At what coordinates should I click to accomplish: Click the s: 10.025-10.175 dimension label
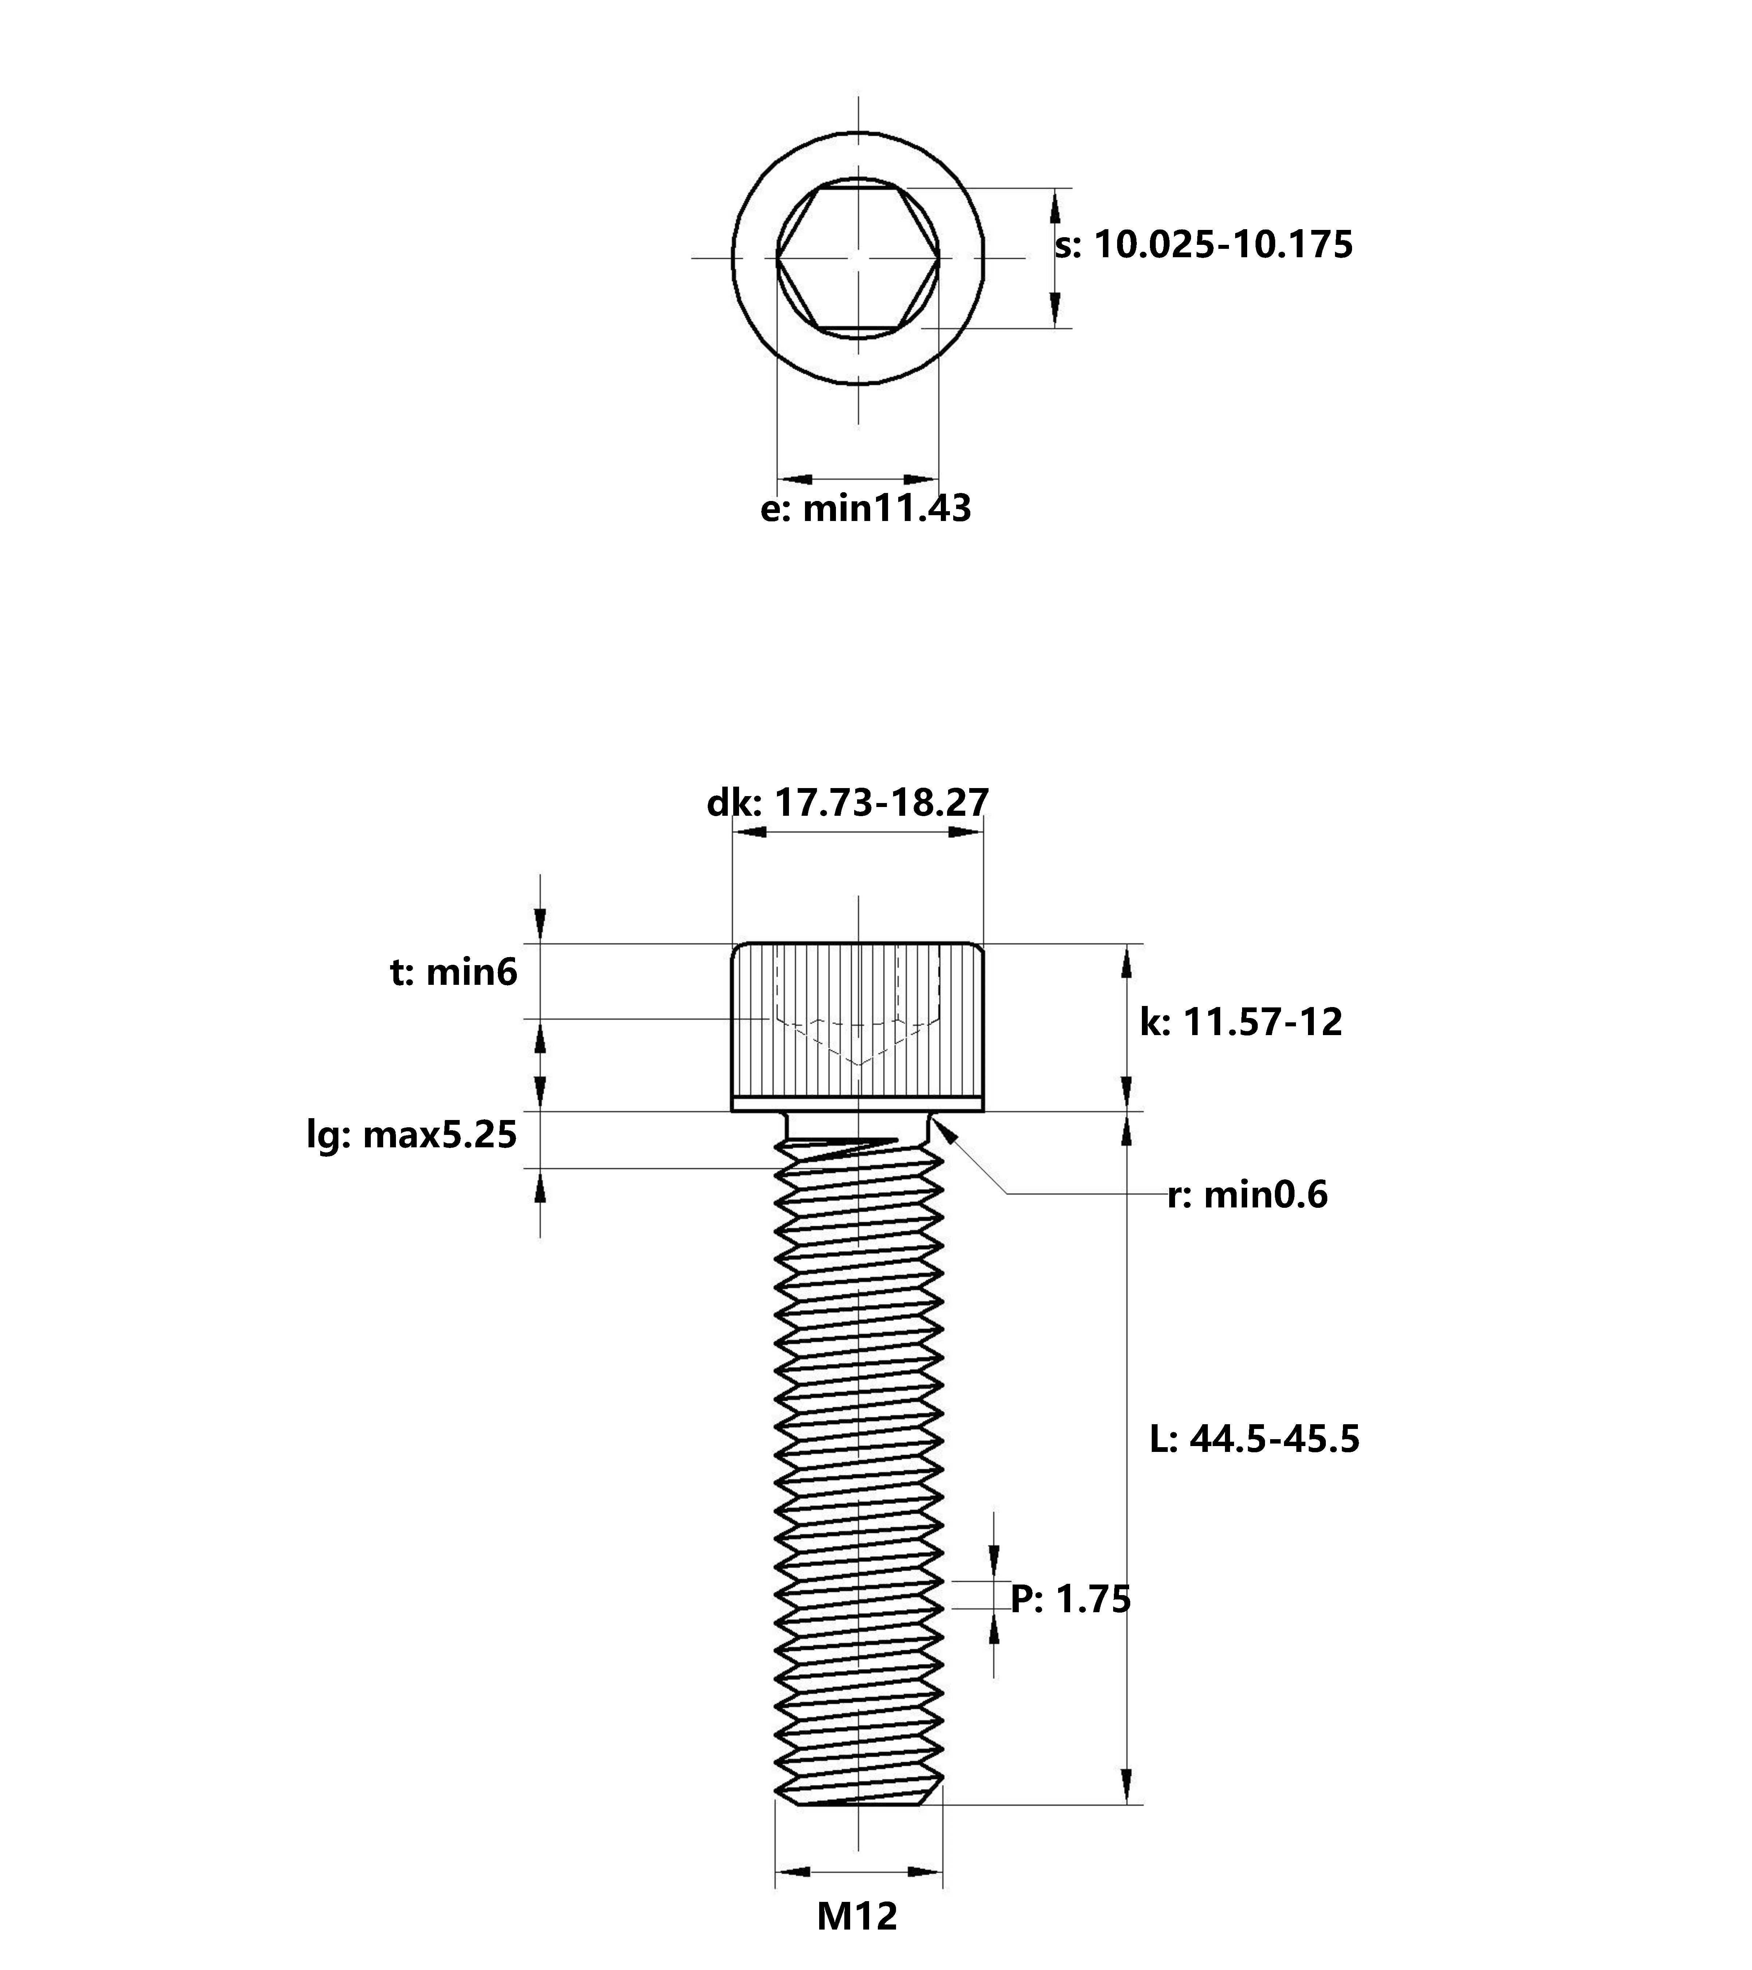click(x=1204, y=245)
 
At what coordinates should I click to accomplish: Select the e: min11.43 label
click(x=865, y=508)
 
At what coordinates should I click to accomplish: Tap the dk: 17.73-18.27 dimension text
click(x=848, y=802)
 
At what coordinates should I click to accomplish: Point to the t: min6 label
click(x=453, y=972)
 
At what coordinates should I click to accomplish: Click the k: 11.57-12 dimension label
click(x=1241, y=1022)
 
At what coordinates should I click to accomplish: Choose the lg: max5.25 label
click(x=412, y=1135)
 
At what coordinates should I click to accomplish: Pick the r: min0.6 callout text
click(x=1247, y=1195)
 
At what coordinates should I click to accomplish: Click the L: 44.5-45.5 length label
click(x=1255, y=1439)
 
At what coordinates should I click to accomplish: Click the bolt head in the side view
click(x=858, y=1026)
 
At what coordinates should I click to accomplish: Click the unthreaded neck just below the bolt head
click(x=858, y=1124)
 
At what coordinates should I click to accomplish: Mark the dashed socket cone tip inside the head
click(x=858, y=1064)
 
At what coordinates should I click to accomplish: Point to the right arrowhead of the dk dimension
click(x=967, y=831)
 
